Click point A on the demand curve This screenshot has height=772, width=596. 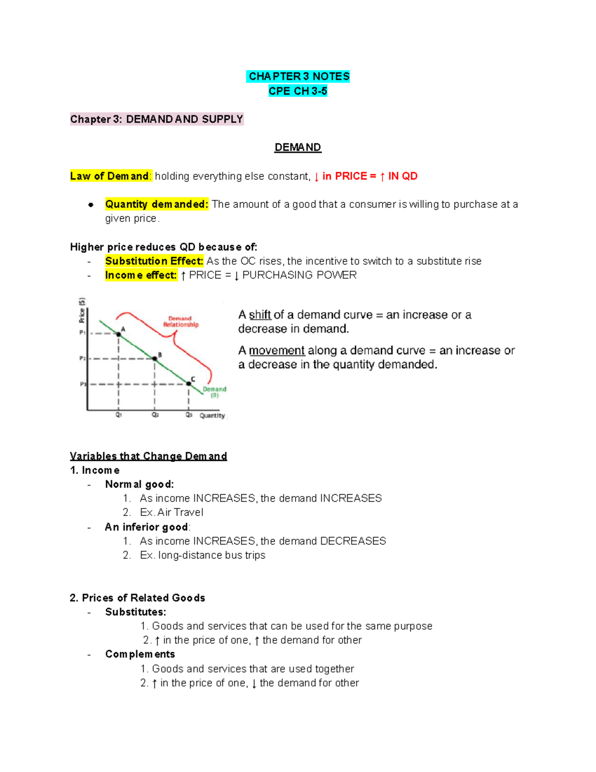[x=119, y=334]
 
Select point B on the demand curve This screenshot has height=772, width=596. [x=154, y=358]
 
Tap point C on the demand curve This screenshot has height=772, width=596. [x=189, y=383]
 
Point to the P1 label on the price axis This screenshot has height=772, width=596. [x=82, y=333]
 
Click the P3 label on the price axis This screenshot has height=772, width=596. [x=82, y=384]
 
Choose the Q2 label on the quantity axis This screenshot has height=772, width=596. [x=155, y=415]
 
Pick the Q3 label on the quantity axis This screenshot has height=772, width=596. [x=189, y=415]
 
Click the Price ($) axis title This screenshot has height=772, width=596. [x=82, y=310]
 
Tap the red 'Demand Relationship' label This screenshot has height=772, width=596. [x=180, y=322]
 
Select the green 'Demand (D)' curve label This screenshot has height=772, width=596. [x=215, y=392]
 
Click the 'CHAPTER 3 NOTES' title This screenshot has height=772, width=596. [x=298, y=77]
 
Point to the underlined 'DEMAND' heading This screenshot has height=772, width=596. [x=298, y=148]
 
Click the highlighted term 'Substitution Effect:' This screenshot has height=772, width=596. [x=154, y=261]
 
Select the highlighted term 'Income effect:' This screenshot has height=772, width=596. [x=141, y=275]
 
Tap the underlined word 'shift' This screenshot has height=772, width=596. [x=260, y=315]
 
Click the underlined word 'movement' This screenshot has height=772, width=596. [x=277, y=350]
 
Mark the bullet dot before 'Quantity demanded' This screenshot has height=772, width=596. [x=91, y=204]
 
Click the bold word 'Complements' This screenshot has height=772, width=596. [x=140, y=654]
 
